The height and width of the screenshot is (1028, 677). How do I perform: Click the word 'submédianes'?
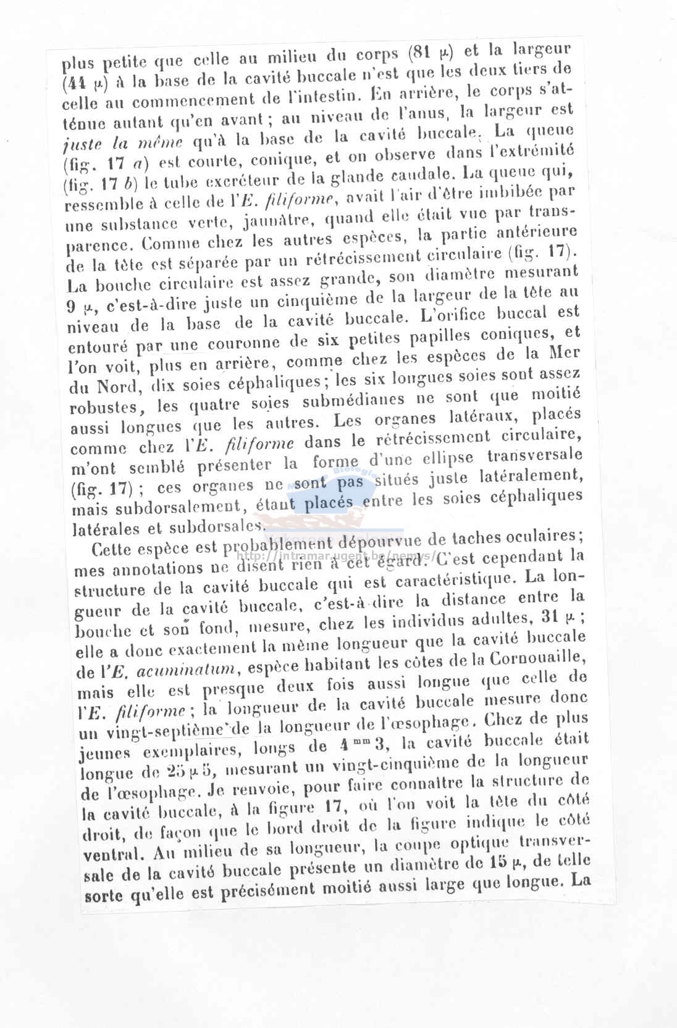tap(354, 400)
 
